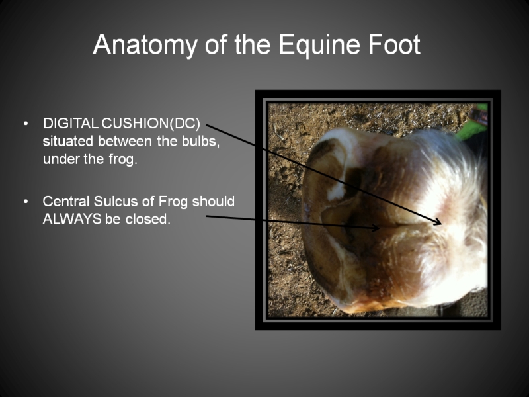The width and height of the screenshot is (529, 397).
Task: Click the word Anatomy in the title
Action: pos(145,45)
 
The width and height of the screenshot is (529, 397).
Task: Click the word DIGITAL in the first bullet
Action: pos(71,124)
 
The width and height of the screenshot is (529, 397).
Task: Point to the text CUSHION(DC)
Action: pos(151,124)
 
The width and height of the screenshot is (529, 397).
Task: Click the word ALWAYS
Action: pos(72,220)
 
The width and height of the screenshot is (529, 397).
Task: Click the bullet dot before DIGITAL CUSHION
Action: pos(26,124)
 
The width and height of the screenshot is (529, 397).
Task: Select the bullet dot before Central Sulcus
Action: pos(26,202)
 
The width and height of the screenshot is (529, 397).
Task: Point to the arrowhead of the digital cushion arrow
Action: pos(438,221)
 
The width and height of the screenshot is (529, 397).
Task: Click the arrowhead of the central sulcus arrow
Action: pos(376,228)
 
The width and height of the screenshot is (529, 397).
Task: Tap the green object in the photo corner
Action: pos(472,125)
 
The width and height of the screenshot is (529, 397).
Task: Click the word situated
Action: pos(68,141)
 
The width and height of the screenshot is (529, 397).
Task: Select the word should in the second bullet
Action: pos(213,202)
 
